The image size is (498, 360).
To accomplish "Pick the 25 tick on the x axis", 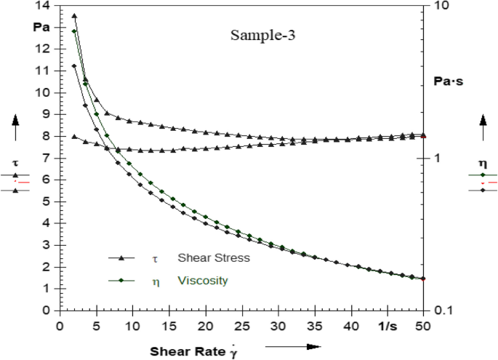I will point(243,325).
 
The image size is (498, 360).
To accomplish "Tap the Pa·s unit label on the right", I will point(448,81).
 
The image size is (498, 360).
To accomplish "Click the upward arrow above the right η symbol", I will point(483,127).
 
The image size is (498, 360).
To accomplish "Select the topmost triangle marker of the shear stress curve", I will point(74,15).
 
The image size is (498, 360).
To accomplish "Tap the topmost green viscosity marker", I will point(74,31).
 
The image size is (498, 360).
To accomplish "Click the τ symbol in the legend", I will point(154,258).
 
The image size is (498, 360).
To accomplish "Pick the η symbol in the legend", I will point(154,281).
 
